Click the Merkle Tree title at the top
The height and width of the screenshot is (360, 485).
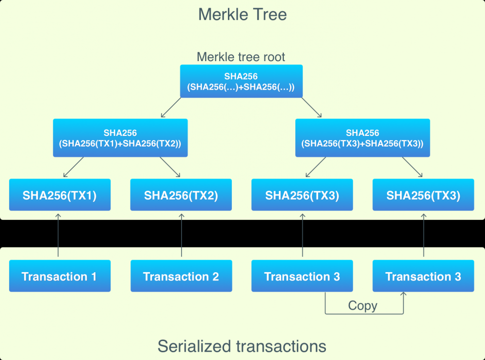tap(242, 14)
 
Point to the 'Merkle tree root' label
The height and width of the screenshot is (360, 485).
tap(241, 57)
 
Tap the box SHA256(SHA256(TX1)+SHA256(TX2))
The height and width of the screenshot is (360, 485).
tap(120, 138)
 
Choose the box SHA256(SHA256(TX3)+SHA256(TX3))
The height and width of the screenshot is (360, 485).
tap(362, 138)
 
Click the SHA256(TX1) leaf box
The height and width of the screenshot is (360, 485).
tap(60, 195)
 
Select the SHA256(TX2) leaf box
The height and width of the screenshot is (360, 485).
tap(181, 195)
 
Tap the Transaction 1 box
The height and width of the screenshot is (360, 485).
tap(60, 276)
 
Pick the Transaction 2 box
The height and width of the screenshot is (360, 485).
tap(181, 276)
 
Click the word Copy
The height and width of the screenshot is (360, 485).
tap(363, 306)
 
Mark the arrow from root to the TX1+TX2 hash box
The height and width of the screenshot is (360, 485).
tap(171, 108)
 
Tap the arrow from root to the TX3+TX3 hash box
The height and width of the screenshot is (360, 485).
tap(311, 108)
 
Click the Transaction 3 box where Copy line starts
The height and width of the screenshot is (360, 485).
tap(302, 276)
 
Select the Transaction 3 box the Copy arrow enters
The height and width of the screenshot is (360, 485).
tap(423, 276)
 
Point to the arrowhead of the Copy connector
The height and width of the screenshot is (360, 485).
tap(403, 295)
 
